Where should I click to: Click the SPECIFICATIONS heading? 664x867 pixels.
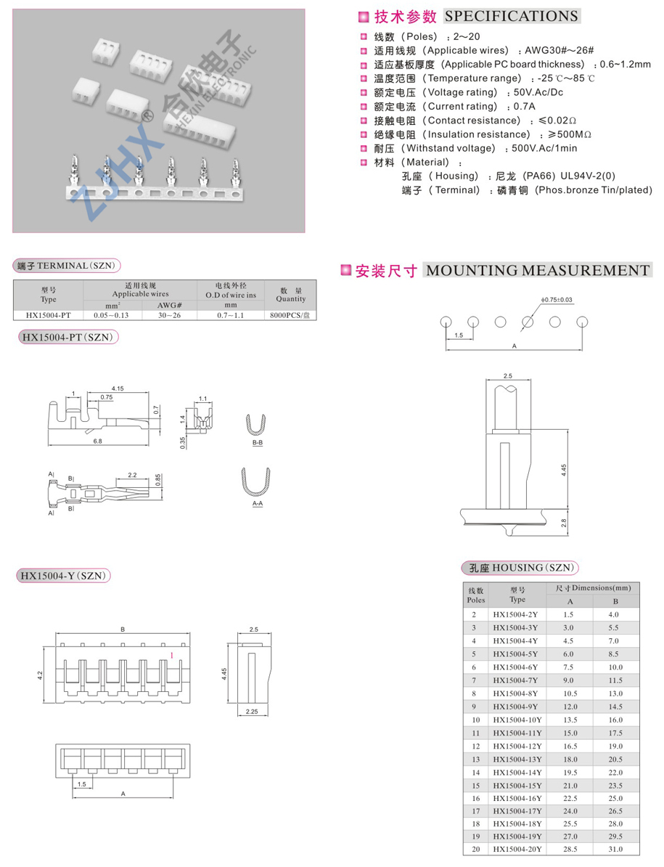pos(512,16)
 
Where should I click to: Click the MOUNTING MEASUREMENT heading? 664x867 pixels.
pos(537,271)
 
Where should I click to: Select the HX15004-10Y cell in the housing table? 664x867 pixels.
pos(517,720)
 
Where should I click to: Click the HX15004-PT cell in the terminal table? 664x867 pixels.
pos(49,315)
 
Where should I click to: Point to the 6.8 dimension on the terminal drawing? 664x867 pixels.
pos(97,441)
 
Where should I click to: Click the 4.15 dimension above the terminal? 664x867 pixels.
pos(118,389)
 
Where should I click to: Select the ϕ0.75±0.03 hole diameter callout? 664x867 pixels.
pos(557,299)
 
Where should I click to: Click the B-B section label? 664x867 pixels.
pos(258,442)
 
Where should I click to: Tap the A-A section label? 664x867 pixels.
pos(258,503)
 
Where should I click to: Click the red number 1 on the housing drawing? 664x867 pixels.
pos(171,656)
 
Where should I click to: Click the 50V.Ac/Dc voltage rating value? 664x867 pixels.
pos(538,92)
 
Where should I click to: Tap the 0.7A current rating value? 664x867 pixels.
pos(525,106)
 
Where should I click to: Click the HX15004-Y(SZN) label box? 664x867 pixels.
pos(64,576)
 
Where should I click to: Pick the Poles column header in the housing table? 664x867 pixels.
pos(475,595)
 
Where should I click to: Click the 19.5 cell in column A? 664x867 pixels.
pos(569,772)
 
